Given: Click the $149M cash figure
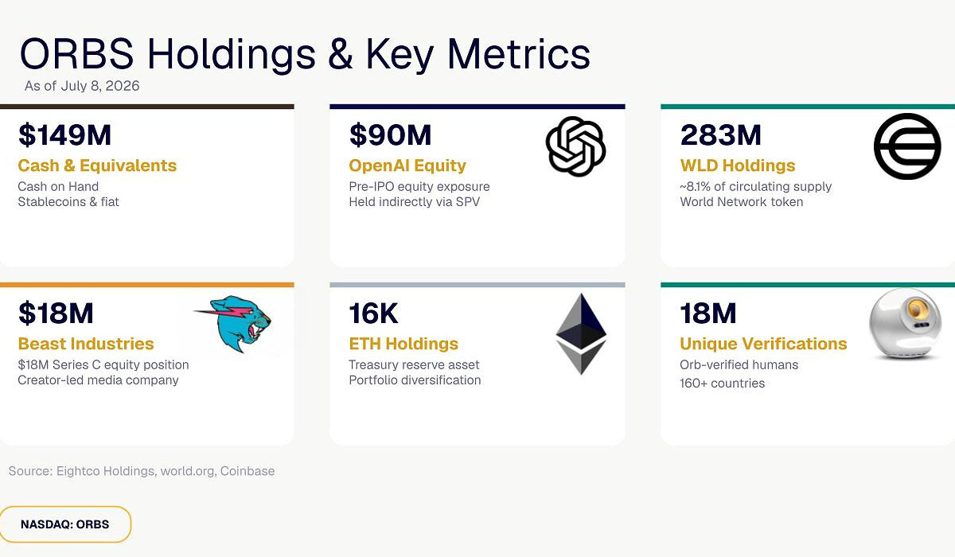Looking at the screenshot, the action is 64,135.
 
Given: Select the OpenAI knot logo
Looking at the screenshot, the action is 575,146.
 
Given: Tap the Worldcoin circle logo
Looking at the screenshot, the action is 907,146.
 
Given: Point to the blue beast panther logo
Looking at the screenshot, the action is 233,324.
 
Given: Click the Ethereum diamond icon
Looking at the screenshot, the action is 581,333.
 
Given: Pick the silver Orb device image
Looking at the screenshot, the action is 905,324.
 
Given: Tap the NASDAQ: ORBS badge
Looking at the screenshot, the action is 64,524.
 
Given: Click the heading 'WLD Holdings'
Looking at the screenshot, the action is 738,166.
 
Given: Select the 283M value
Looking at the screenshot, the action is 720,135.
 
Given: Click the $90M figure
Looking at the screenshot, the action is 390,135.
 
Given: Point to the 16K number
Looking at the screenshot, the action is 373,314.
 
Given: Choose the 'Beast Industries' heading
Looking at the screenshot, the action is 86,344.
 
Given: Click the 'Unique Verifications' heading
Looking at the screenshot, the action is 763,344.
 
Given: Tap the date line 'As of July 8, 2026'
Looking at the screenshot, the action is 82,86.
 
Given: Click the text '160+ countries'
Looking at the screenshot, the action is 723,383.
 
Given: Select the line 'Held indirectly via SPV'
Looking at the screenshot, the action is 415,201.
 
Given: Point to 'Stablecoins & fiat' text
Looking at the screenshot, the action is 68,201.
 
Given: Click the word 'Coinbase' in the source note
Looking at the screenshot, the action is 248,471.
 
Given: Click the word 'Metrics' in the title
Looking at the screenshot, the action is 518,54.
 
